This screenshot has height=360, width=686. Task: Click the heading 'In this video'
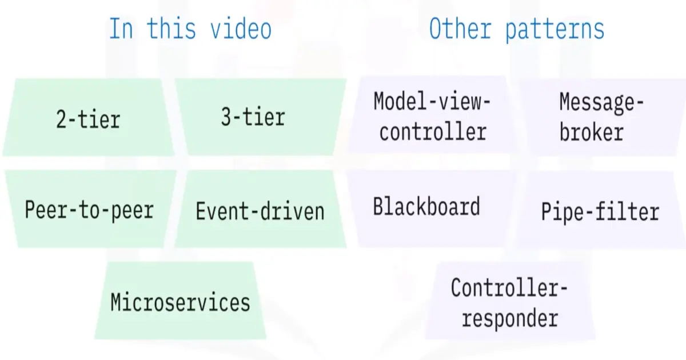click(190, 29)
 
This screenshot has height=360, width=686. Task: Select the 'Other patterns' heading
click(516, 29)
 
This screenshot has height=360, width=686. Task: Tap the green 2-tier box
click(89, 118)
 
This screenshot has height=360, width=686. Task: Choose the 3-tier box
click(260, 117)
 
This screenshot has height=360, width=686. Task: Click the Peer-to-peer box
click(89, 209)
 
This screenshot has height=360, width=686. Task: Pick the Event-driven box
click(260, 210)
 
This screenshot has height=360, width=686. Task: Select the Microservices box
click(181, 301)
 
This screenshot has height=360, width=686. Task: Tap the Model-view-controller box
click(433, 117)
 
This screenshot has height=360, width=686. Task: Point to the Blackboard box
click(427, 206)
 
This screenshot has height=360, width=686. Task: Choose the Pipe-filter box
click(600, 211)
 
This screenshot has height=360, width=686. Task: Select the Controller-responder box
click(509, 302)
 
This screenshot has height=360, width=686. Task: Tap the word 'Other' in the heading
click(461, 29)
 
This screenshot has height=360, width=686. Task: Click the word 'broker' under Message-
click(591, 133)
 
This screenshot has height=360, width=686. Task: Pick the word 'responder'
click(509, 317)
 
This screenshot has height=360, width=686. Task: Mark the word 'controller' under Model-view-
click(433, 132)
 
